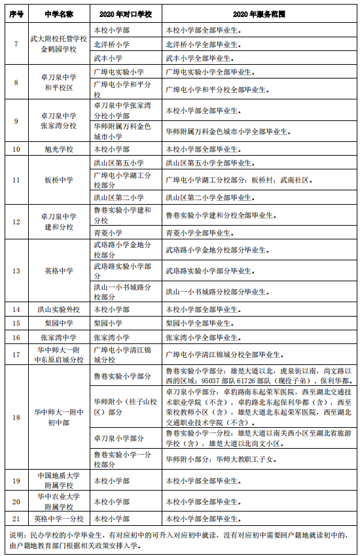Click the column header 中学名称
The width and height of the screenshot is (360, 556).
point(58,14)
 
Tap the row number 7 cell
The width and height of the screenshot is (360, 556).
point(16,44)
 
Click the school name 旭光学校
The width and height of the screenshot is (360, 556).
point(58,149)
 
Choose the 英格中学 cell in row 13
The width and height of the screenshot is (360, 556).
point(58,271)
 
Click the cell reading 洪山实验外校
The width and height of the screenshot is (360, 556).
point(58,309)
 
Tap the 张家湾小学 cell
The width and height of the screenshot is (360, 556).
point(110,338)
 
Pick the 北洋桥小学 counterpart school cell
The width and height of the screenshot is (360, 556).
point(110,44)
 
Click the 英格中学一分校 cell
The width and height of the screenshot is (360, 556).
point(58,518)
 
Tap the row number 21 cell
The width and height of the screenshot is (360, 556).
point(16,518)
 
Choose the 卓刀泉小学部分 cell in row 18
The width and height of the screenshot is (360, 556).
point(118,438)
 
